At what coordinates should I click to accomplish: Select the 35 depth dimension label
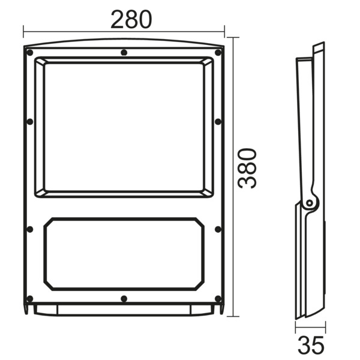click(311, 345)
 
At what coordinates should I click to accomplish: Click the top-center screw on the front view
click(124, 53)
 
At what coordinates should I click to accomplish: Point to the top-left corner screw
click(28, 53)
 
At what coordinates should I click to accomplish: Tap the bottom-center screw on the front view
click(124, 298)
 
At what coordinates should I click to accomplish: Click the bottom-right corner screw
click(219, 298)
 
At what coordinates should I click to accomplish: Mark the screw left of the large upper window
click(28, 122)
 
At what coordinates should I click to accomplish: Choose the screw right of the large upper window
click(219, 122)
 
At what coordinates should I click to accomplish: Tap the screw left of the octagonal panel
click(28, 229)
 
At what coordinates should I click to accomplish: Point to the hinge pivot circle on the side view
click(310, 203)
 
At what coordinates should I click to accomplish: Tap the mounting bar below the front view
click(124, 310)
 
